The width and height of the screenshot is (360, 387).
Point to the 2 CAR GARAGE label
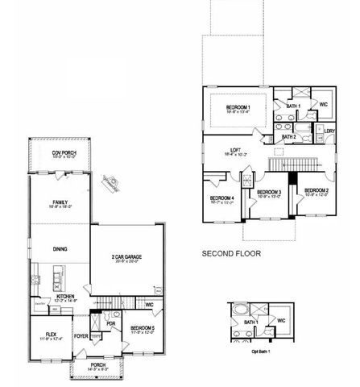[128, 256]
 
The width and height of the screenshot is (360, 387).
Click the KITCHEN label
[66, 297]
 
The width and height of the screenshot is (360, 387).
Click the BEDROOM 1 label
[238, 107]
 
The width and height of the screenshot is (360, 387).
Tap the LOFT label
[236, 149]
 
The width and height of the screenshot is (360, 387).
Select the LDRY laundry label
[329, 131]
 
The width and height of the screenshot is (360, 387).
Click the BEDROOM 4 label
[222, 198]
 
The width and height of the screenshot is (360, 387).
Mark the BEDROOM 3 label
[267, 191]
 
